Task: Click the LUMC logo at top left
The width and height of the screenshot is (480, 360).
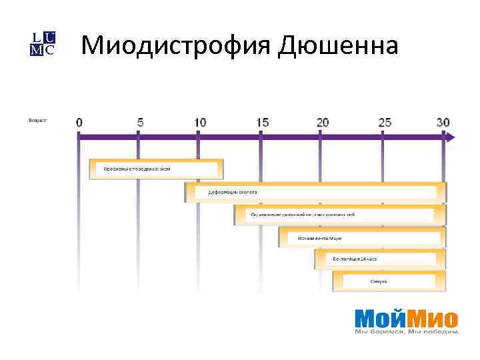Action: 43,43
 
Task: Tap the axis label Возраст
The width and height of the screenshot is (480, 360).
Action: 38,121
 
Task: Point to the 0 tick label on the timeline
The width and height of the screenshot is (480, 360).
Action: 79,123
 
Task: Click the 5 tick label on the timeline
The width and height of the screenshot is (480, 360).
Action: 139,123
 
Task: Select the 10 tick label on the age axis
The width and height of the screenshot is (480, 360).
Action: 200,123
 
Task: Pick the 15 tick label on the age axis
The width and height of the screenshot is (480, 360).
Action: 262,123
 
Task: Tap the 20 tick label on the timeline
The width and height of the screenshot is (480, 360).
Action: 323,123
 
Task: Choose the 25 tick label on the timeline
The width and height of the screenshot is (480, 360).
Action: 385,123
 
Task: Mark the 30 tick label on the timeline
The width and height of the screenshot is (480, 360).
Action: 443,123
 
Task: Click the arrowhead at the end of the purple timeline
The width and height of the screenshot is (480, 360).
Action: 451,137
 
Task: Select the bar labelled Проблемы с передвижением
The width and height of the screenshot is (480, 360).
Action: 156,169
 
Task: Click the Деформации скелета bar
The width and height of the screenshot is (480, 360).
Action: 315,192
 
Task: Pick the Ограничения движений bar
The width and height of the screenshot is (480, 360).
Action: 339,215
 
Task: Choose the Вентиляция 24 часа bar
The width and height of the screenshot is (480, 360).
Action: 380,259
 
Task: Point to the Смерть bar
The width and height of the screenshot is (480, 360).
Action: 389,281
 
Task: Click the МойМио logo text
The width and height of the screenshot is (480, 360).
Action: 406,317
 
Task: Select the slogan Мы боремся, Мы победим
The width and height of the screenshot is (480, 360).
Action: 407,331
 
